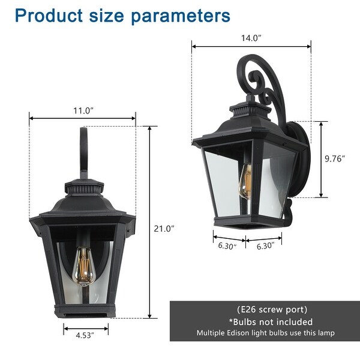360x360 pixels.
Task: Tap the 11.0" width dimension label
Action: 83,110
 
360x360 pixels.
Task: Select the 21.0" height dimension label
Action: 163,228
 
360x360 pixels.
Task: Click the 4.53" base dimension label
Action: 86,335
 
